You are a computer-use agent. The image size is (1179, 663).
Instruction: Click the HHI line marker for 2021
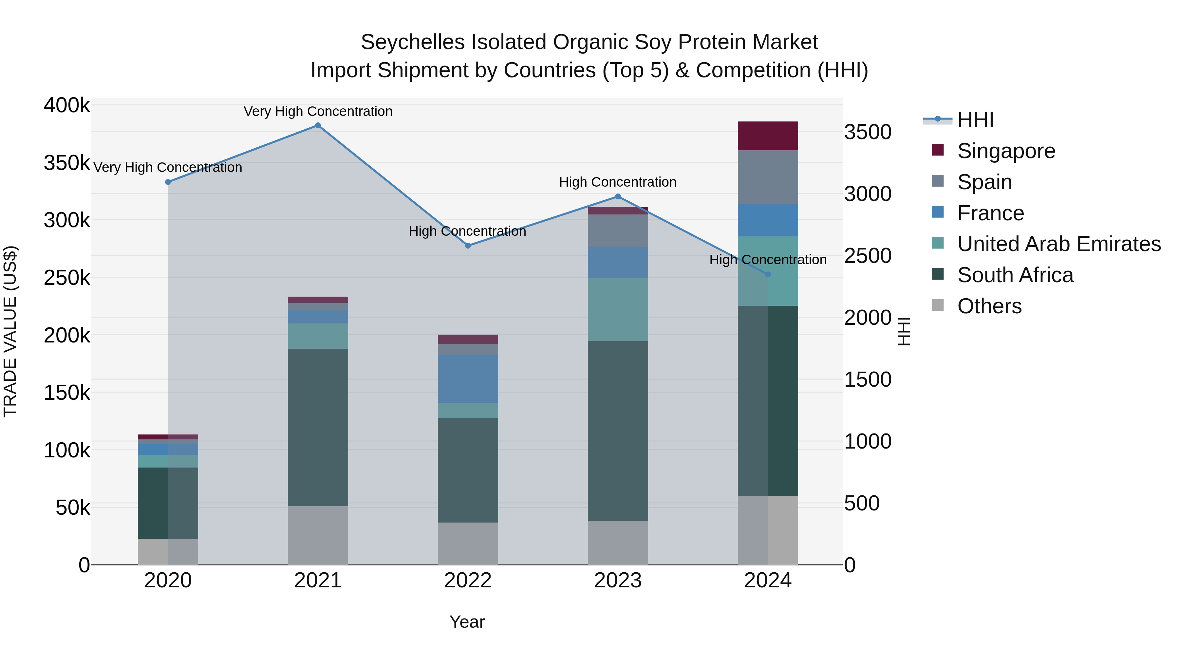(318, 125)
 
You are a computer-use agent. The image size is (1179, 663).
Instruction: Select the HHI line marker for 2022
(468, 246)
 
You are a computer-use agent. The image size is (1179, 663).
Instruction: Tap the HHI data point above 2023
(617, 197)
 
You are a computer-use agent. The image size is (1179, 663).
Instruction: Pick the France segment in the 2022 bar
(468, 378)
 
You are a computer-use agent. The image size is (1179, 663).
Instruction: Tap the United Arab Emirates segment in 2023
(617, 309)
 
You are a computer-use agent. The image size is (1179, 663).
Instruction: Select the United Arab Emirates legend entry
(1058, 244)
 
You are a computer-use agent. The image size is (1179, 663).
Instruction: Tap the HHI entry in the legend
(975, 120)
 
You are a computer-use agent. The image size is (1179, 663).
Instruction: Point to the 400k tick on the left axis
(67, 105)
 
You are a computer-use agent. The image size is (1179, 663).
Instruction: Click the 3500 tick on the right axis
(867, 132)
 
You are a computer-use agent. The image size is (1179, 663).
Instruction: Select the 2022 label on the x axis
(468, 580)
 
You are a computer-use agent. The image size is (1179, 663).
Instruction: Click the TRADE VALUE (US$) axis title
(10, 331)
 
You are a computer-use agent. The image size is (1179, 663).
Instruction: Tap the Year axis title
(467, 622)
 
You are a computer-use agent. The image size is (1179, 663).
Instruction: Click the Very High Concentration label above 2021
(318, 111)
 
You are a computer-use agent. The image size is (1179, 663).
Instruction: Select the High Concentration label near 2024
(768, 259)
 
